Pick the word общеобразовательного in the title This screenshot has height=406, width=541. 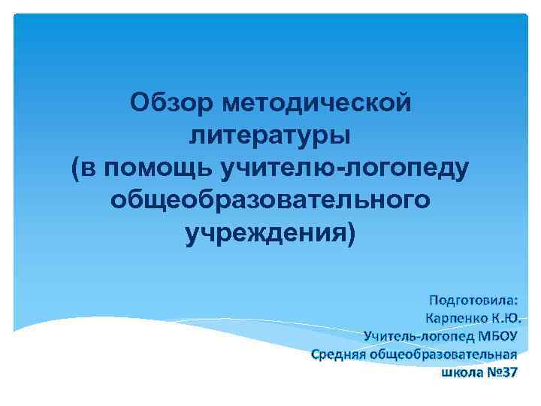tap(270, 201)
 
